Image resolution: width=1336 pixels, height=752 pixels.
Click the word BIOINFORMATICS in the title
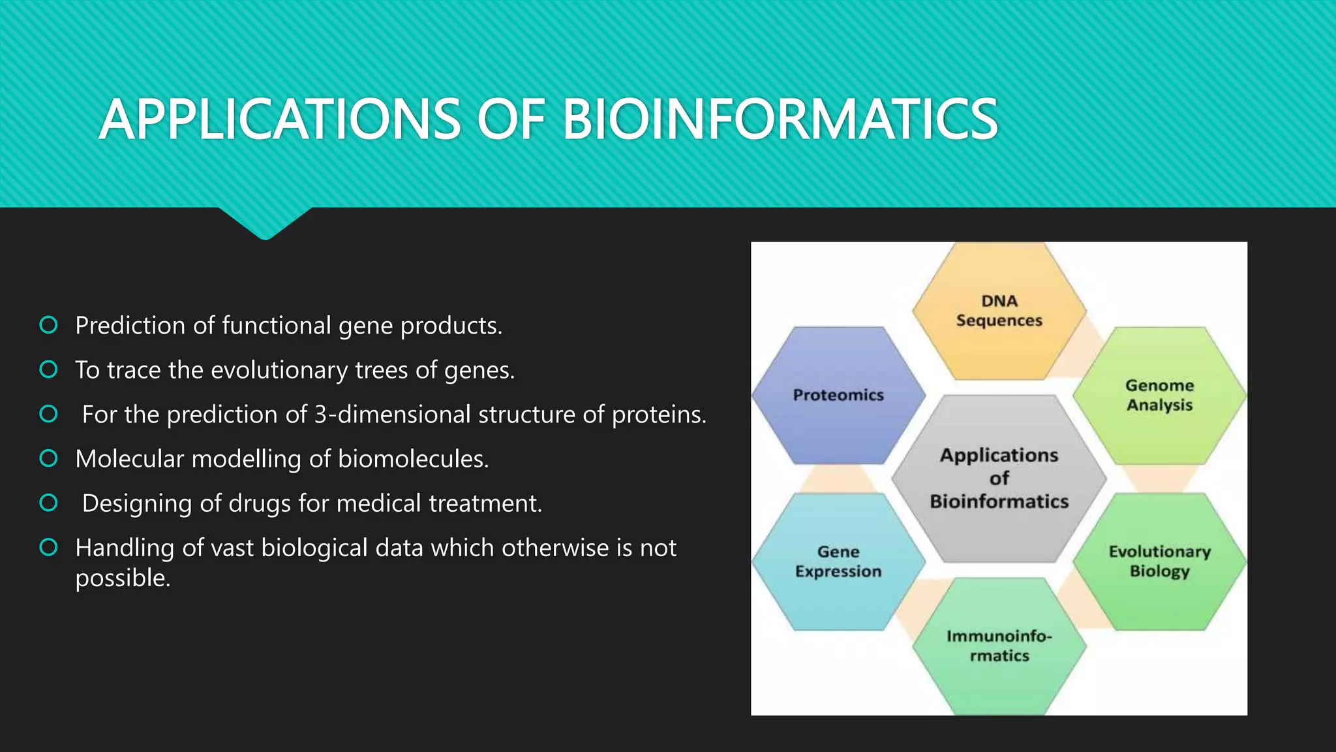click(780, 119)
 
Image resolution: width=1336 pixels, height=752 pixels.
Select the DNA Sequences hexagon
click(999, 311)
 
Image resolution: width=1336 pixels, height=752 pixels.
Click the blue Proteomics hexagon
click(838, 396)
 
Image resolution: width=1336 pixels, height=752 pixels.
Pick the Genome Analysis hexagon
click(1159, 396)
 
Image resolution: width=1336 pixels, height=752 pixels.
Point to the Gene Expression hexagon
click(838, 561)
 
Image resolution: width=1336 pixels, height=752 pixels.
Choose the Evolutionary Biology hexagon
click(1159, 561)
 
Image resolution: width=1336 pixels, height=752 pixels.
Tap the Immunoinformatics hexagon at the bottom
click(999, 646)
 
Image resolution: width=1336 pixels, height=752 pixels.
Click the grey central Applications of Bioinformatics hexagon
click(999, 478)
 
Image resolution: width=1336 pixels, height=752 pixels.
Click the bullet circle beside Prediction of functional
click(49, 325)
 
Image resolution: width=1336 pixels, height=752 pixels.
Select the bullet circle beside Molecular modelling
click(49, 458)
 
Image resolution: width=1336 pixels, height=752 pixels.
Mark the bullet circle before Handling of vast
click(49, 547)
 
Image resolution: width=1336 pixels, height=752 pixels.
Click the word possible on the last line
click(122, 578)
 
